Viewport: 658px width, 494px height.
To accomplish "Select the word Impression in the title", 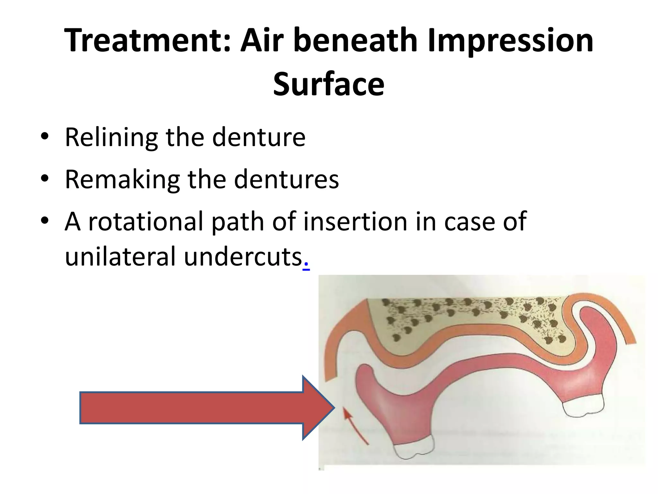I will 510,41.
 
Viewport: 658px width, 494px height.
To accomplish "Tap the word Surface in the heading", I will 329,84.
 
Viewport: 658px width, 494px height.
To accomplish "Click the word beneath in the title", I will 355,41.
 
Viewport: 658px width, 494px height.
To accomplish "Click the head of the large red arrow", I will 318,408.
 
